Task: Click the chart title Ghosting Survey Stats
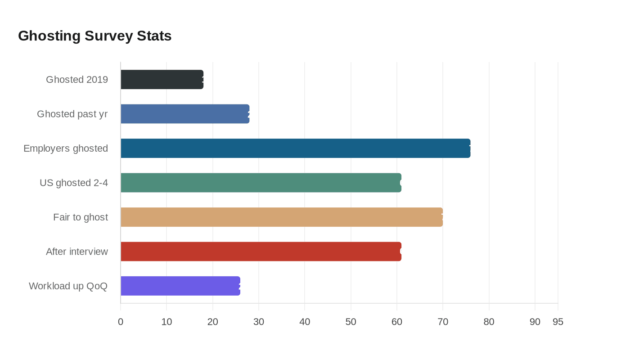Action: pos(94,36)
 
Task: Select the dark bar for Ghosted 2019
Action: pos(162,80)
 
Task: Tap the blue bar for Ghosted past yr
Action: pos(185,114)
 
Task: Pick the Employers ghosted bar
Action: pos(295,148)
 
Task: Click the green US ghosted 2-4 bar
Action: pos(261,183)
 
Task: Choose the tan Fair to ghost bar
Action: pos(282,217)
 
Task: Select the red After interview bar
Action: pos(261,252)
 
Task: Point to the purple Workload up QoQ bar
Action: pos(180,286)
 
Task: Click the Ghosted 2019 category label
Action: pos(77,80)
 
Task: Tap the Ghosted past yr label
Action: pos(72,114)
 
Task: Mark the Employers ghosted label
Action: pos(66,148)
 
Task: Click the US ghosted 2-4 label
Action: pos(74,183)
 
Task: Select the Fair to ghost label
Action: pos(81,217)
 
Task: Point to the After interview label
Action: pos(77,252)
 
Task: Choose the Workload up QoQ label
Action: pos(68,286)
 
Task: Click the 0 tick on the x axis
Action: pos(121,322)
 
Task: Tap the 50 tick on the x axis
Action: pos(351,322)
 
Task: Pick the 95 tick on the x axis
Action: pos(558,322)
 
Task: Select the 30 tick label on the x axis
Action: pos(259,322)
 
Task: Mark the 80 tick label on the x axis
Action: pos(489,322)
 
